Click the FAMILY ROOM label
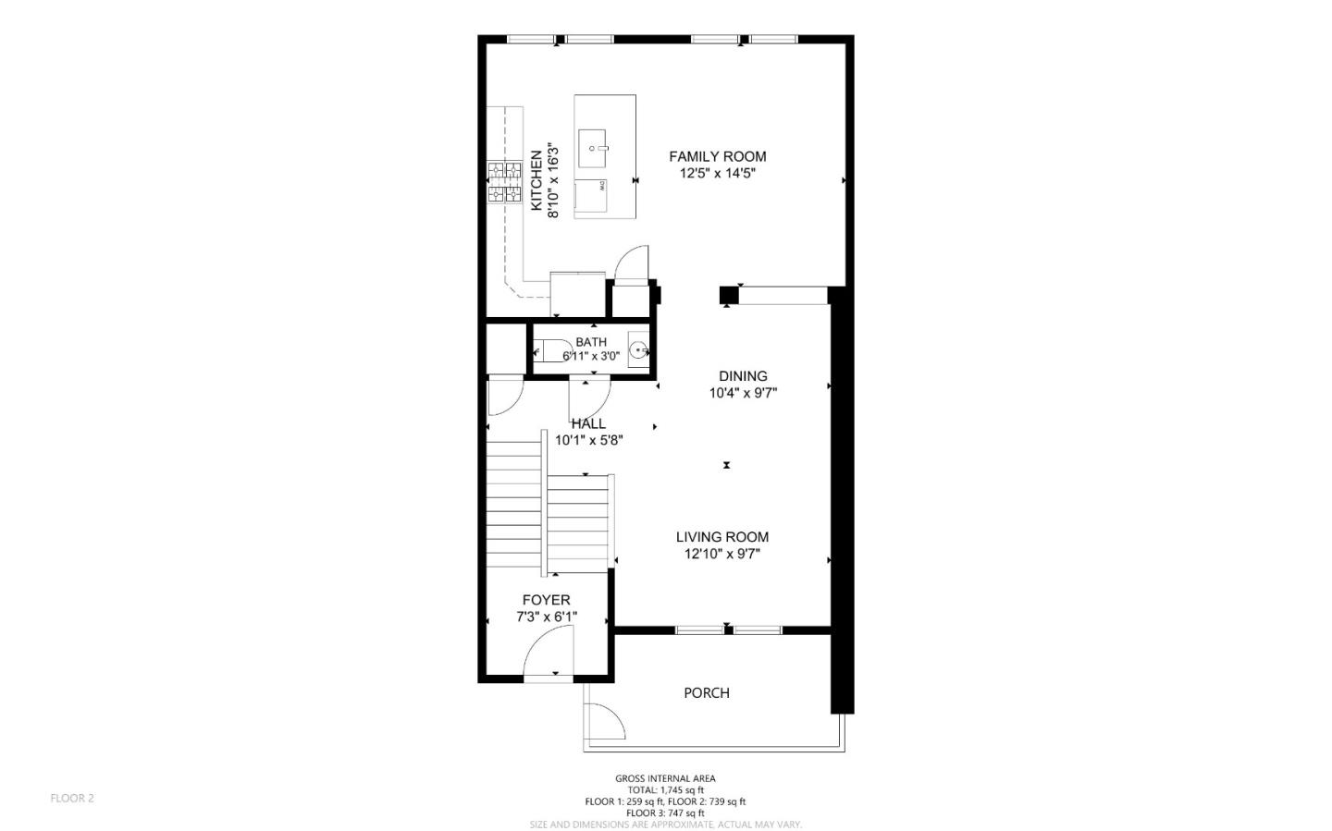tap(718, 156)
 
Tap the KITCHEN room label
tap(536, 180)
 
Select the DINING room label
tap(744, 376)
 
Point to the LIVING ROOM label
tap(722, 537)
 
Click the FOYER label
tap(547, 600)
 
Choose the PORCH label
tap(707, 693)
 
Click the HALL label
tap(588, 424)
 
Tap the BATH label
tap(591, 342)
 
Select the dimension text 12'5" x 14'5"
tap(718, 174)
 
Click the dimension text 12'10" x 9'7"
tap(722, 555)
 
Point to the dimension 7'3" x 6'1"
tap(547, 617)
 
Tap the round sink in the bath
tap(638, 350)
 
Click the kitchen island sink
tap(592, 149)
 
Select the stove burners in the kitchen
tap(504, 182)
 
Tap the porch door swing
tap(605, 722)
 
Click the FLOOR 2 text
tap(72, 799)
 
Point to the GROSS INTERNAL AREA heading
tap(665, 778)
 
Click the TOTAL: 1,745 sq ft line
tap(665, 790)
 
